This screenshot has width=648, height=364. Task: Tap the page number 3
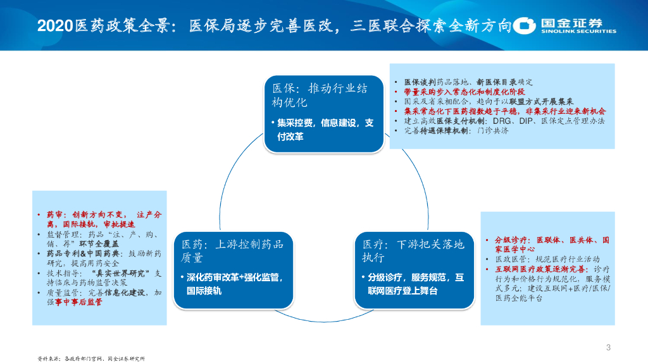[608, 347]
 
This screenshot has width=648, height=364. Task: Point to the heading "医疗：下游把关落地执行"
[413, 250]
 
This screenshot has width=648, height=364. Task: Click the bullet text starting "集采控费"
[323, 129]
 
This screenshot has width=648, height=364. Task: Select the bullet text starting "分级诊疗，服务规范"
[414, 284]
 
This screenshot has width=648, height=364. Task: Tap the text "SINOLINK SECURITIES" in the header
[578, 31]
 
